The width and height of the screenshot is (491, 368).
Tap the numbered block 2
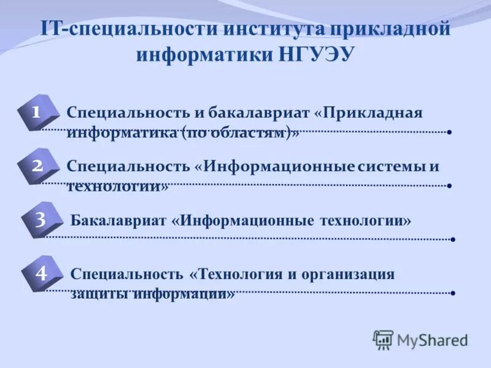[38, 166]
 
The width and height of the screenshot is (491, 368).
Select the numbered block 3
[41, 220]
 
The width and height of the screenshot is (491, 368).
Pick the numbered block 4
[41, 274]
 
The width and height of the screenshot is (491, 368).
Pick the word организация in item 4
[347, 274]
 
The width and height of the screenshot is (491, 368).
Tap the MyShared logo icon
[383, 339]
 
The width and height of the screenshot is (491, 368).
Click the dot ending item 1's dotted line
[450, 132]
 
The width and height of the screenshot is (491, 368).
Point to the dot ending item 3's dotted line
[452, 239]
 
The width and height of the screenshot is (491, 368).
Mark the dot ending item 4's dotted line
[452, 293]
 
